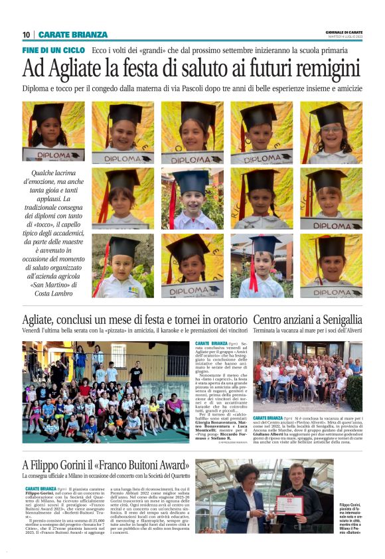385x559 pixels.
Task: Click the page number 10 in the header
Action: (27, 35)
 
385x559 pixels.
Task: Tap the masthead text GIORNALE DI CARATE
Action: (345, 32)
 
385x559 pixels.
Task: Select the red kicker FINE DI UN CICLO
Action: (54, 50)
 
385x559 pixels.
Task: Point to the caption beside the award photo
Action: (366, 518)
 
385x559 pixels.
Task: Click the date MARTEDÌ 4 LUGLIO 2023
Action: (345, 37)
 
